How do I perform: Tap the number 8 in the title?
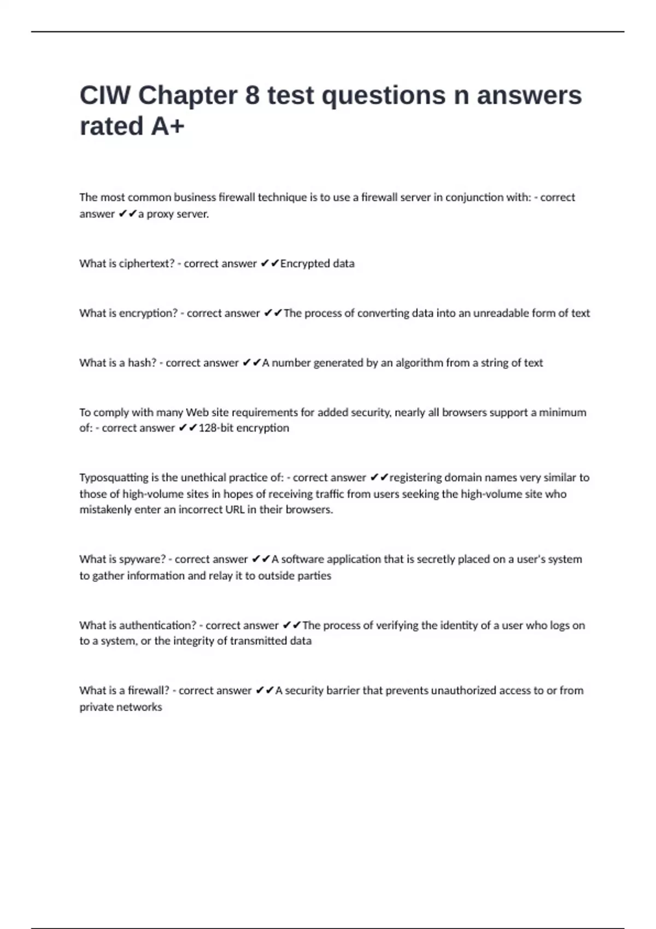point(252,96)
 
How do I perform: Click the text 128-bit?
point(215,428)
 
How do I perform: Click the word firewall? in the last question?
point(148,691)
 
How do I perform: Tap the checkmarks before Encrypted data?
point(270,263)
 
